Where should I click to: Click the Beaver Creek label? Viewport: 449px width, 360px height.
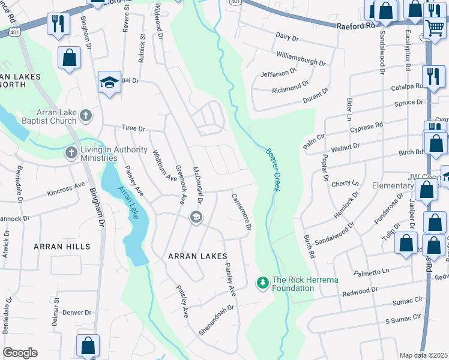point(273,170)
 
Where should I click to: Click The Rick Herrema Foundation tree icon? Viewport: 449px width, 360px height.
point(262,282)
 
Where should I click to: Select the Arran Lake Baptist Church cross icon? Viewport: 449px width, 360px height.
point(86,115)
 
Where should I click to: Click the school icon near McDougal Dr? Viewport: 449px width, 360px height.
point(196,217)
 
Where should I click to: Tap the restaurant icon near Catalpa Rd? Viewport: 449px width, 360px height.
point(432,76)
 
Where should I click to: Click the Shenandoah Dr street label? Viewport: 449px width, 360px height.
point(217,319)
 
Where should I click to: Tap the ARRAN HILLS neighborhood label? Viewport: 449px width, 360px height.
point(62,247)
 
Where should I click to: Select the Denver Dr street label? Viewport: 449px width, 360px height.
point(76,313)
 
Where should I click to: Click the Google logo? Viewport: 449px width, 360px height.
point(20,353)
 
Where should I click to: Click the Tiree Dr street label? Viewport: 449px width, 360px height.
point(133,128)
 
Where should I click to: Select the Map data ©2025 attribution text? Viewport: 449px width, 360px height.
point(423,355)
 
